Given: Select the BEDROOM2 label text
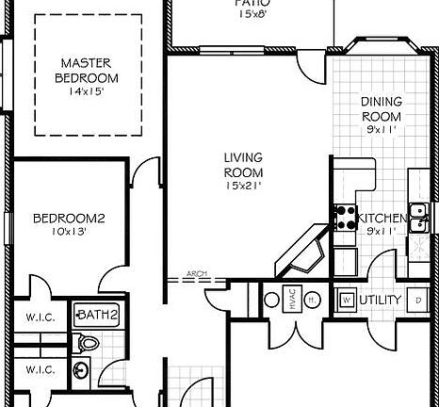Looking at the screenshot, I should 69,219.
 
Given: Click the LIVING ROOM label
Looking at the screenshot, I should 243,165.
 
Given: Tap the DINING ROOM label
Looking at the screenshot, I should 382,109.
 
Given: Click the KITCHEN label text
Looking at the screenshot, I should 383,219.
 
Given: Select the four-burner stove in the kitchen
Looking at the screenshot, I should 345,217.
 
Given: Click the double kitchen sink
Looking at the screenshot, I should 417,216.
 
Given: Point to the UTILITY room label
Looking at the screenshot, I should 382,301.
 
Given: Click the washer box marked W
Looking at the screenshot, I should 346,301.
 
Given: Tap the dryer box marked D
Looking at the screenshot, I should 417,301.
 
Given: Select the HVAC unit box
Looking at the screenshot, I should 292,300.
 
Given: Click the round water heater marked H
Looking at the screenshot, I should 313,300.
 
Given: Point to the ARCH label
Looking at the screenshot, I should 196,274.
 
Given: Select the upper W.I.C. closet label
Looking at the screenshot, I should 40,317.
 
